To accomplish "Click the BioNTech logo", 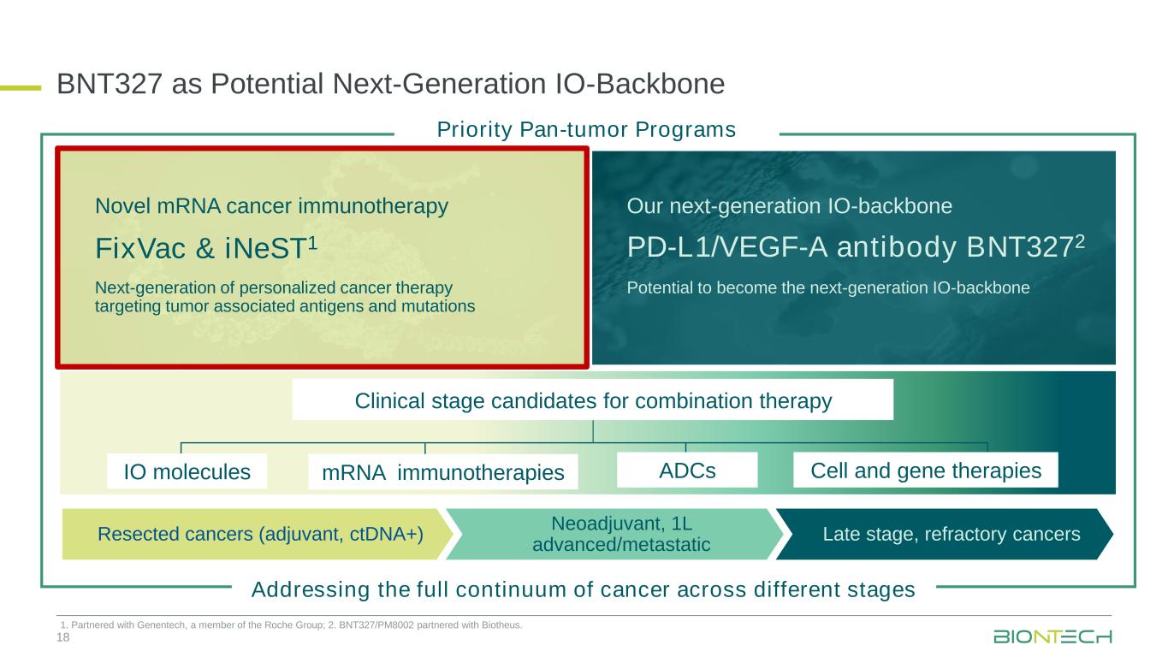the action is pos(1052,636).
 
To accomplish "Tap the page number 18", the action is pos(62,637).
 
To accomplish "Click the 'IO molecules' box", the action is pos(187,471).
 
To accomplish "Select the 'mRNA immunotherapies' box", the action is pos(443,472).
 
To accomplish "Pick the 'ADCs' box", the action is pos(687,471).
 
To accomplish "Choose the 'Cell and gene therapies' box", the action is pos(926,471).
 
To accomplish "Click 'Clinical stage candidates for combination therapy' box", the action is pos(593,400).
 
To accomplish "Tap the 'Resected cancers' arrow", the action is pos(258,534).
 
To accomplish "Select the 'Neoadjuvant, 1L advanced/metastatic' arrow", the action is pos(615,534).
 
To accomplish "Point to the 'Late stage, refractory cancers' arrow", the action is pos(945,534).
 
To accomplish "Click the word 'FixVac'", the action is pos(140,248).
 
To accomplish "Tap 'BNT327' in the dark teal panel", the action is pos(1019,247).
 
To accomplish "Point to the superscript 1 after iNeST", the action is pos(312,242).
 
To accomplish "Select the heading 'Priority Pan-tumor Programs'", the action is pos(586,129).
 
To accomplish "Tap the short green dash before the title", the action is pos(21,88).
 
